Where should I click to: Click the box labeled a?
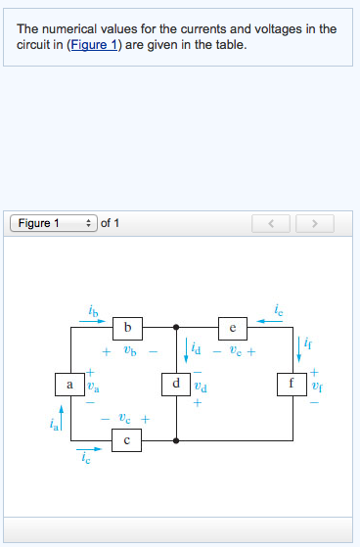69,385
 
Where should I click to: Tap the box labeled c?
126,441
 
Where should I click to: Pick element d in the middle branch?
175,385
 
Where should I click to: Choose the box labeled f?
291,385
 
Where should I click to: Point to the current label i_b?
93,311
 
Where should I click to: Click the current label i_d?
196,347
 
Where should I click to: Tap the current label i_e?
279,311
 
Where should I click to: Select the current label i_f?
309,343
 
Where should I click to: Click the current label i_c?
86,458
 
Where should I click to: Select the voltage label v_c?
127,418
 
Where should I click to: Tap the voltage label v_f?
315,386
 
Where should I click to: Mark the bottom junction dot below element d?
175,441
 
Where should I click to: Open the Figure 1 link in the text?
93,45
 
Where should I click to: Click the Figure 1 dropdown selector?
54,223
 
